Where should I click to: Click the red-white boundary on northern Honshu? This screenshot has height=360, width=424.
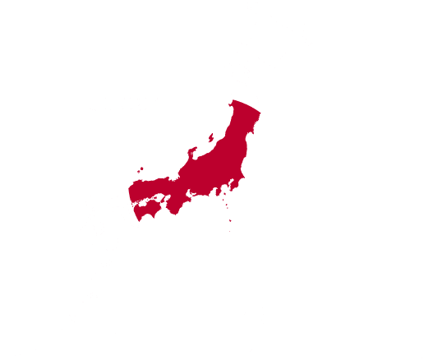pyautogui.click(x=247, y=103)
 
